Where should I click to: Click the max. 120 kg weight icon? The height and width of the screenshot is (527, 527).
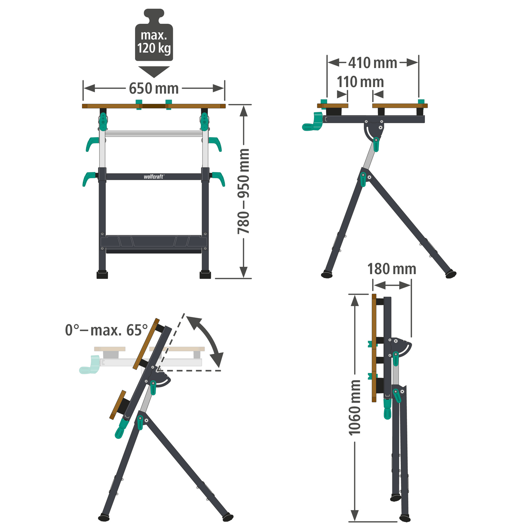tap(154, 37)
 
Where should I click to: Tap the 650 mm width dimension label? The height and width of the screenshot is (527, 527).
tap(154, 89)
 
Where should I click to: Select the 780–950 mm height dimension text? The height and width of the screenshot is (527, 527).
tap(243, 191)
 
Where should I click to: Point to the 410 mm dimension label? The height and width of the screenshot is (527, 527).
tap(373, 63)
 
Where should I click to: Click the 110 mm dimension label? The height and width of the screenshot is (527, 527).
tap(360, 82)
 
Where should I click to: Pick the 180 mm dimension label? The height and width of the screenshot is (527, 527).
tap(392, 269)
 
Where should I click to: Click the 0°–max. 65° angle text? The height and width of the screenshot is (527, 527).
tap(106, 330)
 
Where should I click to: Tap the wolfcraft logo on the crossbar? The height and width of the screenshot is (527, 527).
tap(154, 176)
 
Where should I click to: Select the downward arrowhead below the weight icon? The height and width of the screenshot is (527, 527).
tap(154, 71)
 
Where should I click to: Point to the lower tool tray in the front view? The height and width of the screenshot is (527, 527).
tap(154, 242)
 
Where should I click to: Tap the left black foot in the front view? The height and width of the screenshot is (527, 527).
tap(102, 275)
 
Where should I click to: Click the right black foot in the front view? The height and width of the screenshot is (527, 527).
tap(205, 275)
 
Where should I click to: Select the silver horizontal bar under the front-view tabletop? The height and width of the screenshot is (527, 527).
tap(154, 134)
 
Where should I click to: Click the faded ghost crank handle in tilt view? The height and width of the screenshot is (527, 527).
tap(89, 367)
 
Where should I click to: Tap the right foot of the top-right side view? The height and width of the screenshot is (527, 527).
tap(451, 274)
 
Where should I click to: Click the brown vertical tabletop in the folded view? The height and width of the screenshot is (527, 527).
tap(374, 348)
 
